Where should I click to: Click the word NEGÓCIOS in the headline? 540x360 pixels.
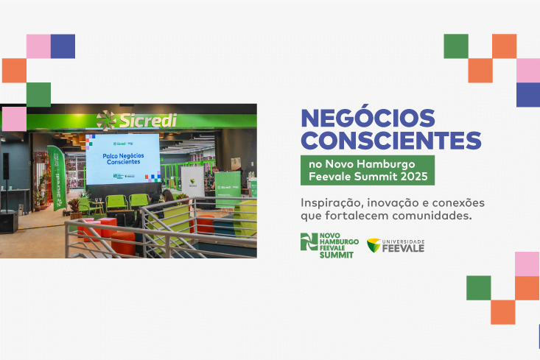coord(368,119)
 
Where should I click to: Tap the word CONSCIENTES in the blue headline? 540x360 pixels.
coord(391,140)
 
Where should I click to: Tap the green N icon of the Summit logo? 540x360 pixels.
coord(308,241)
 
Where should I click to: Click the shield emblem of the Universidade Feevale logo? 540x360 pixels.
coord(374,245)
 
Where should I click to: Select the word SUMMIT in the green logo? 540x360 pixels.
coord(337,255)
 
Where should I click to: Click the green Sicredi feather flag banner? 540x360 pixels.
coord(57,177)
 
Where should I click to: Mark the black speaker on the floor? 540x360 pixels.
coord(9,221)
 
